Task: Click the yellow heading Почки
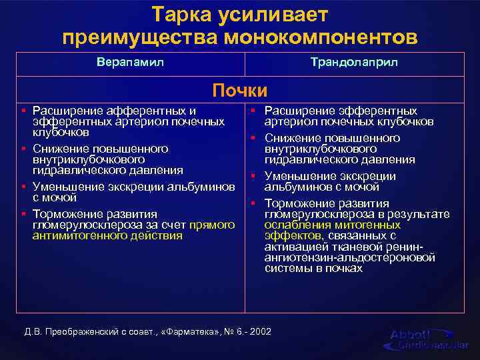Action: coord(239,90)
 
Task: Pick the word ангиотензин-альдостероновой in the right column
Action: coord(349,257)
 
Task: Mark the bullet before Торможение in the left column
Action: coord(23,214)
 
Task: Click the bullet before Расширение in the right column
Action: coord(255,111)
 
